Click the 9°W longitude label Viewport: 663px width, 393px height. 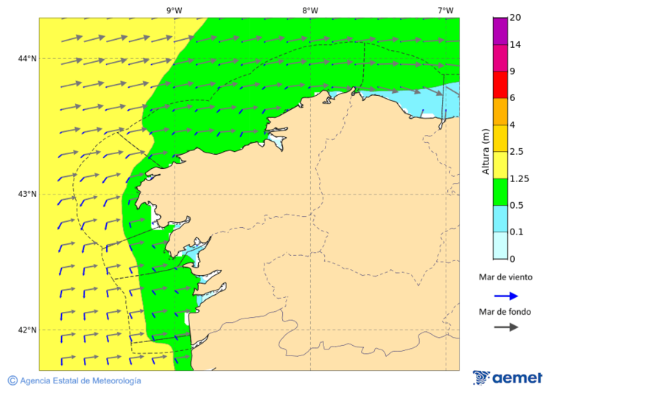point(174,10)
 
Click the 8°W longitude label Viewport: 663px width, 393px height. point(310,10)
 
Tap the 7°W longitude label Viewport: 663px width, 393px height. point(446,10)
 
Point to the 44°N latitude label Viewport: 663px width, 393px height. point(27,58)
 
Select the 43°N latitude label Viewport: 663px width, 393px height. point(27,194)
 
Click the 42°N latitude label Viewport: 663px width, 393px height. point(27,330)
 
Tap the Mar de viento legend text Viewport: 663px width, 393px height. point(505,278)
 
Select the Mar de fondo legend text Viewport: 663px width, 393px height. point(505,312)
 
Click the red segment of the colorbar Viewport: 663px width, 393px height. point(500,85)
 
